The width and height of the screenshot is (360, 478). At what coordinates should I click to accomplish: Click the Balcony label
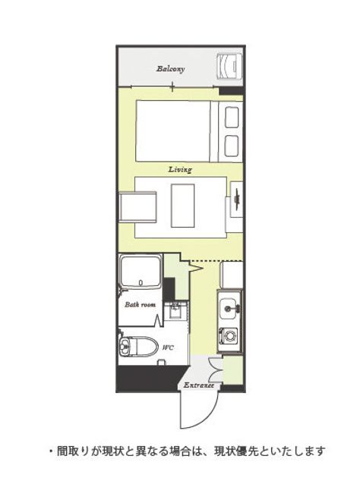171,68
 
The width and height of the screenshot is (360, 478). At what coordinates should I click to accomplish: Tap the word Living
180,169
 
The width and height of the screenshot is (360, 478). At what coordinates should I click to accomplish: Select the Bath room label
140,304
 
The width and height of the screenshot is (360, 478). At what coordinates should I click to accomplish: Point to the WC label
168,347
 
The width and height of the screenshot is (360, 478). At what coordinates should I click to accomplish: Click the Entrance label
198,385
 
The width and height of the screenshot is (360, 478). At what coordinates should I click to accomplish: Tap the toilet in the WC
138,347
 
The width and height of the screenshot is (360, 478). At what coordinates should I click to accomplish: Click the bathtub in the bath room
141,272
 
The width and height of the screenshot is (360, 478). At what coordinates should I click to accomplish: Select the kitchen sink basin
229,308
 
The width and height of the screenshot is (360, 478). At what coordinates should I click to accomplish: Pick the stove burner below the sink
228,335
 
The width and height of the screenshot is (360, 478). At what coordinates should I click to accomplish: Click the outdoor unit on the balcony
229,66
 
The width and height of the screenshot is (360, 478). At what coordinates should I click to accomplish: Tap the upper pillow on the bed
232,118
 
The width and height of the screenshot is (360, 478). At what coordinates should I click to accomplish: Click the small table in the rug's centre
182,206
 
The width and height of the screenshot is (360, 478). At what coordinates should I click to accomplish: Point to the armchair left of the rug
138,208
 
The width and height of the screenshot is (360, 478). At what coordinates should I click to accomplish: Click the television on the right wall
237,199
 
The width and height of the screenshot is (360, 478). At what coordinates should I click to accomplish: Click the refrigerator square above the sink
232,275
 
